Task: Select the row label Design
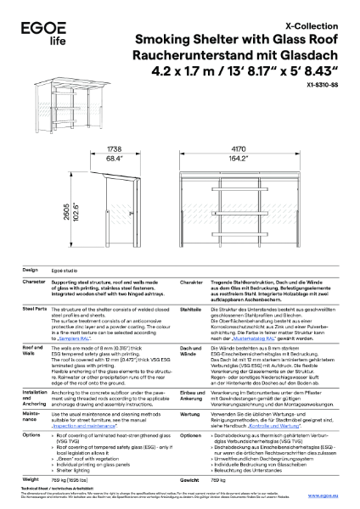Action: (x=31, y=267)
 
